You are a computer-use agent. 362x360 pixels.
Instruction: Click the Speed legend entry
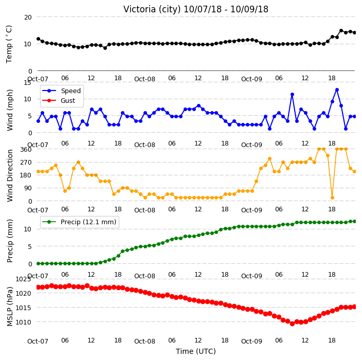click(61, 91)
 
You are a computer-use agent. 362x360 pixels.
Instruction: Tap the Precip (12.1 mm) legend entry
click(79, 222)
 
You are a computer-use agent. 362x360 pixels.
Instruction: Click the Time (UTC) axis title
click(196, 351)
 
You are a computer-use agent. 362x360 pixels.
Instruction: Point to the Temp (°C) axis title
click(9, 44)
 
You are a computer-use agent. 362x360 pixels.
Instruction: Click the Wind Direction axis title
click(10, 175)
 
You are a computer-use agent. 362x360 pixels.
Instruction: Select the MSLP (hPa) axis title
click(10, 307)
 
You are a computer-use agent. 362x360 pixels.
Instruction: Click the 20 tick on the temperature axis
click(28, 17)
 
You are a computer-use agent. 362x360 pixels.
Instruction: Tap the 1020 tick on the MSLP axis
click(23, 293)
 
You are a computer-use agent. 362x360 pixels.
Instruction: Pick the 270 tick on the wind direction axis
click(26, 163)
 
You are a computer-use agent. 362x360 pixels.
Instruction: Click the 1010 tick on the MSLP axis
click(23, 322)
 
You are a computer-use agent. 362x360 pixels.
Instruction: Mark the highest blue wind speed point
click(337, 90)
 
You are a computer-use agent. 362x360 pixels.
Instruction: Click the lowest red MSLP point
click(292, 324)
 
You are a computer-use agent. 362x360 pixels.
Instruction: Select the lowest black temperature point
click(105, 48)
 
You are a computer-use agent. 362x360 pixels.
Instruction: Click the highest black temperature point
click(341, 31)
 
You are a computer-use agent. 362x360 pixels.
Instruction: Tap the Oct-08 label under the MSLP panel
click(145, 341)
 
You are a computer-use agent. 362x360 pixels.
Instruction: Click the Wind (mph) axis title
click(10, 110)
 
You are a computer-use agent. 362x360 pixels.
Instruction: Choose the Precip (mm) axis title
click(10, 241)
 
